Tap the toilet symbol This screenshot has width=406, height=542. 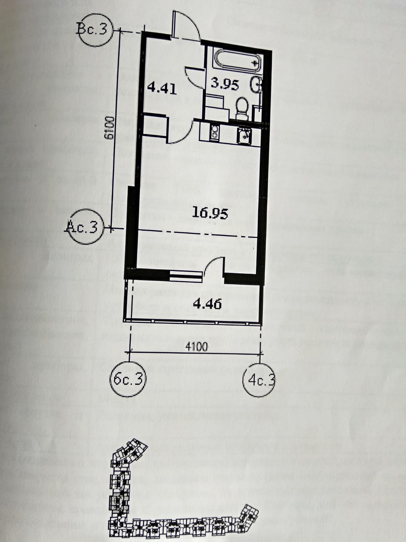[x=242, y=108]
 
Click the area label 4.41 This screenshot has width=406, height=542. [x=162, y=89]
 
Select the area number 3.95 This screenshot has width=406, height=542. [x=225, y=84]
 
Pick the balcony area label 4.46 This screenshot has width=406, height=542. [x=207, y=304]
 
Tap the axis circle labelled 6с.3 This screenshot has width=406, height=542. [x=128, y=379]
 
